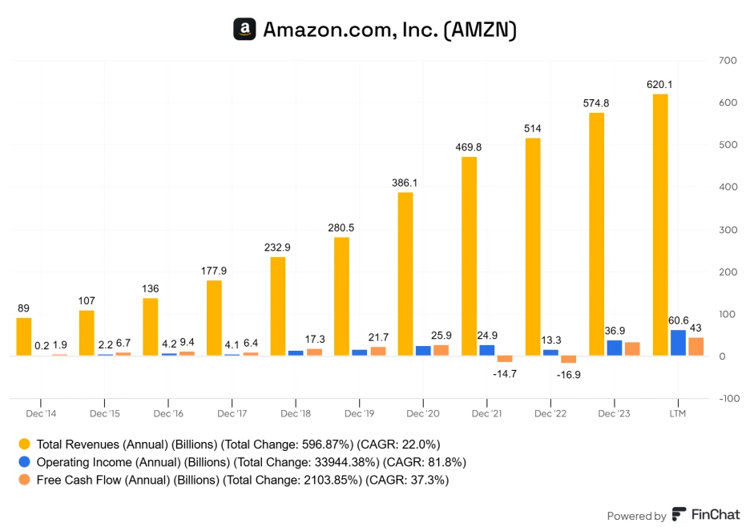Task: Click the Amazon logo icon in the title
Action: (x=244, y=30)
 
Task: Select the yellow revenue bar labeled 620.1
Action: (x=660, y=224)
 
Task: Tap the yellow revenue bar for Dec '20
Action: (x=406, y=274)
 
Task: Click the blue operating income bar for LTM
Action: (x=678, y=343)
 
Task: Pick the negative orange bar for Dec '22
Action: (x=568, y=360)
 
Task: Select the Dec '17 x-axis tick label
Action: (x=232, y=413)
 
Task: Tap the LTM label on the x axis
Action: (x=677, y=413)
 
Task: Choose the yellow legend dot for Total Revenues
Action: (x=25, y=444)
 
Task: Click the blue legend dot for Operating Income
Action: (x=25, y=462)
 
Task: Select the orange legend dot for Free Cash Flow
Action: (x=25, y=481)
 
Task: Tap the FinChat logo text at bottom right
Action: (x=705, y=515)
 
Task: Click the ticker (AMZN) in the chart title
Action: (x=479, y=30)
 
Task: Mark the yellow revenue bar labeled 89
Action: (x=24, y=336)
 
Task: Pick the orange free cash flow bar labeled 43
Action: (x=696, y=347)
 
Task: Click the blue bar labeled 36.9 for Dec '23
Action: (x=614, y=348)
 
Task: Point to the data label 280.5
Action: (x=341, y=227)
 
